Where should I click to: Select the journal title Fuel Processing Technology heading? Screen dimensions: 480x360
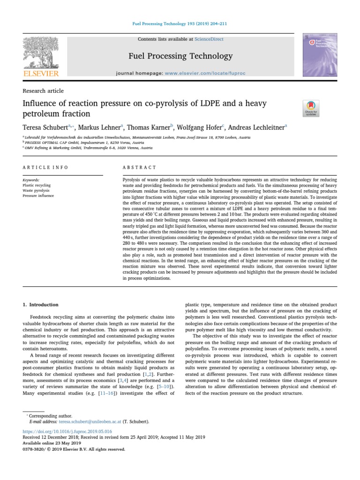[180, 56]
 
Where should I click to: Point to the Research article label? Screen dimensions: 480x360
[43, 91]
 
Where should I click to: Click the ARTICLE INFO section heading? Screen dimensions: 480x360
[45, 167]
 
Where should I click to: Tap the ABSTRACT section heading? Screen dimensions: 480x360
[139, 167]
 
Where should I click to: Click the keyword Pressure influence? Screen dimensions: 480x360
[38, 195]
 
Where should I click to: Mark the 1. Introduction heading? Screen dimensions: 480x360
[41, 304]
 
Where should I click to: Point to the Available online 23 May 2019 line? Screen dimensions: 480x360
[52, 443]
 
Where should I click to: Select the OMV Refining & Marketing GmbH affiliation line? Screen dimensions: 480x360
[89, 147]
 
